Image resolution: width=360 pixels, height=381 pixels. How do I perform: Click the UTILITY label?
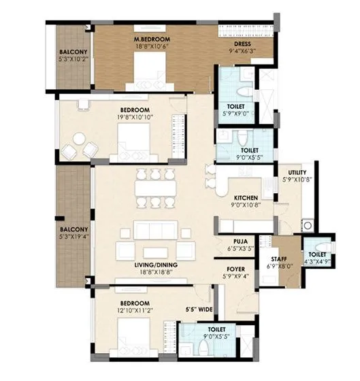click(297, 173)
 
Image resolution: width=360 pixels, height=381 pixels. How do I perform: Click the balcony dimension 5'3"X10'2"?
click(71, 59)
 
